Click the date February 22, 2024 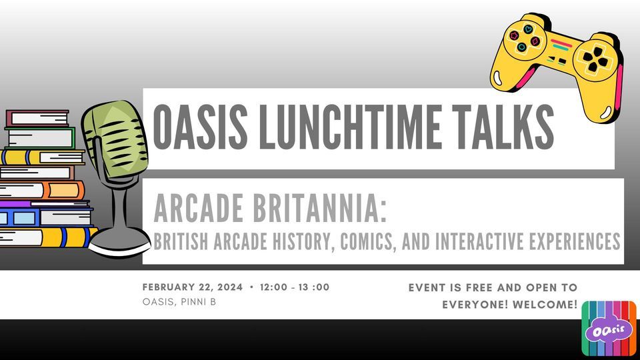192,287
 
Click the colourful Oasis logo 608,328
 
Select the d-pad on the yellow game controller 591,61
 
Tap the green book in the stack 40,137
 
